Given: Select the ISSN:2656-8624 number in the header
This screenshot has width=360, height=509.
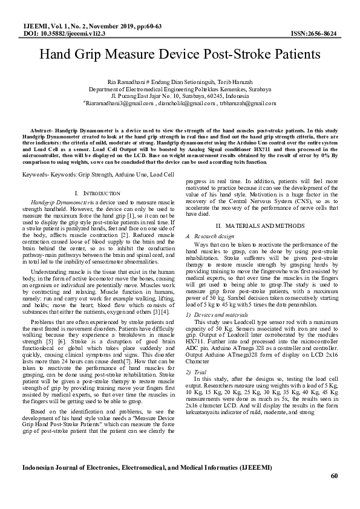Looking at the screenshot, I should tap(314, 34).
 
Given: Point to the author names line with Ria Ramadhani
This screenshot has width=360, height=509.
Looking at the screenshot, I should tap(180, 81).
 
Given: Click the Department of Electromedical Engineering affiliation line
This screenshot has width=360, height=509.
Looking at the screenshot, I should tap(180, 88).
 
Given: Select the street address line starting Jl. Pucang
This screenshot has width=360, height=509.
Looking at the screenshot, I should tap(180, 96).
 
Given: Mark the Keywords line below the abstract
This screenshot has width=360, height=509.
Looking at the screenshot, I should tap(97, 174).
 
